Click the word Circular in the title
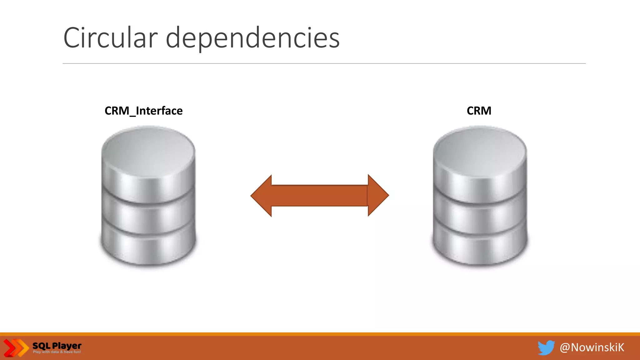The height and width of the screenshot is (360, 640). (x=110, y=38)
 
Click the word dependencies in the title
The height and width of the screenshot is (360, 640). (x=252, y=38)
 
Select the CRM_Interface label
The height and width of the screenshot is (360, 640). (x=143, y=111)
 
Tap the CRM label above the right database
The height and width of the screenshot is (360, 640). (x=479, y=111)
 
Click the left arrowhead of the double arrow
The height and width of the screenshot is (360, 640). (x=261, y=196)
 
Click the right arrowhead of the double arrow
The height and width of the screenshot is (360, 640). (x=378, y=195)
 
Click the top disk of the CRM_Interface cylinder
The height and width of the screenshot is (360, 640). (x=148, y=150)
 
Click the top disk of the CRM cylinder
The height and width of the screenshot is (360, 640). (x=480, y=150)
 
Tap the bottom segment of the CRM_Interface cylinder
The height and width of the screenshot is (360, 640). (x=148, y=247)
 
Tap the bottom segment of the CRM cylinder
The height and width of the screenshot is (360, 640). (x=480, y=247)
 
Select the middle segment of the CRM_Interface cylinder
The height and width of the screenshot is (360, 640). (x=148, y=216)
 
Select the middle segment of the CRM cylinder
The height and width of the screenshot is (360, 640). (x=480, y=216)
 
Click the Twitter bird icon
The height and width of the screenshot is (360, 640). (x=546, y=347)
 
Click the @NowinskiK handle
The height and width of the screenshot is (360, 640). (x=592, y=347)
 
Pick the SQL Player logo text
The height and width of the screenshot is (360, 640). (x=57, y=346)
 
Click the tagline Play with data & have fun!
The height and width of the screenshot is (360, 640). (x=57, y=352)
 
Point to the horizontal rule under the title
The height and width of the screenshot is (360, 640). (x=324, y=63)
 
